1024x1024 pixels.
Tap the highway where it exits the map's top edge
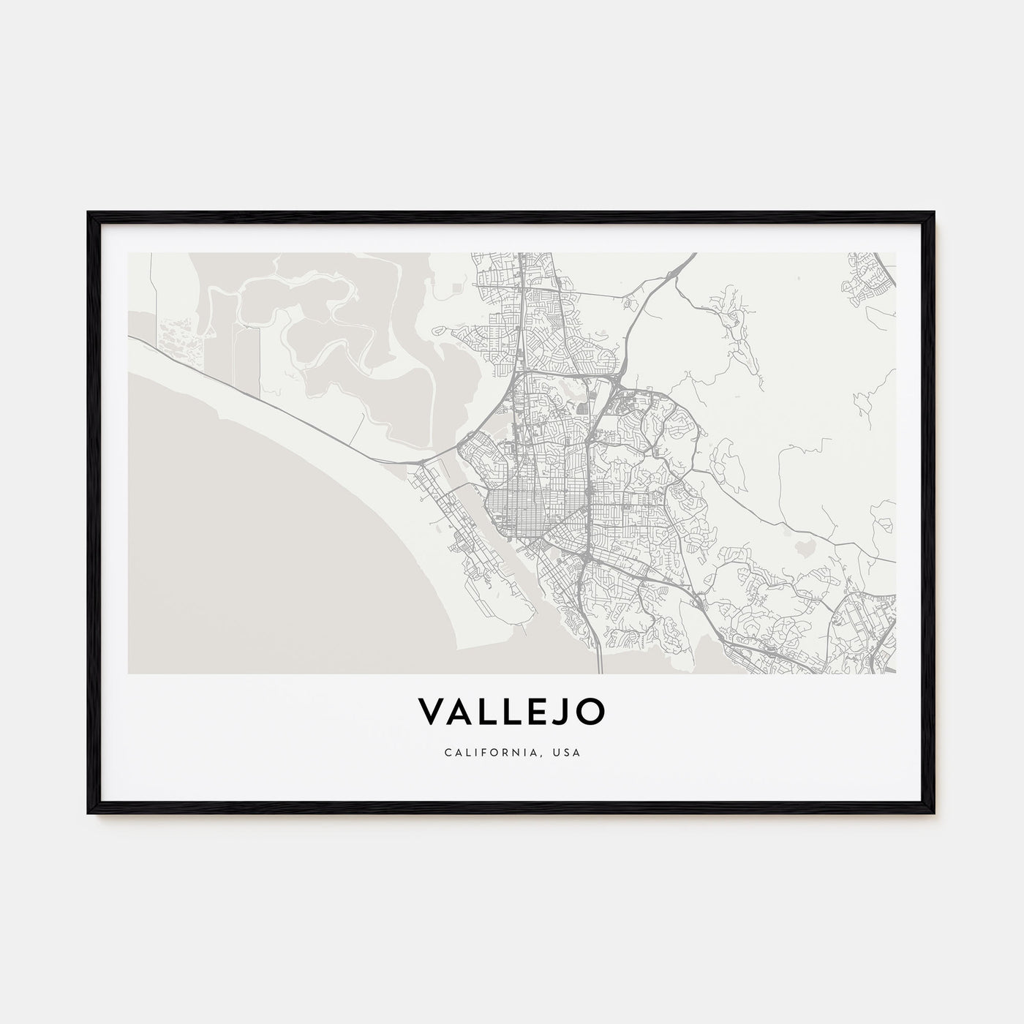(691, 255)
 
